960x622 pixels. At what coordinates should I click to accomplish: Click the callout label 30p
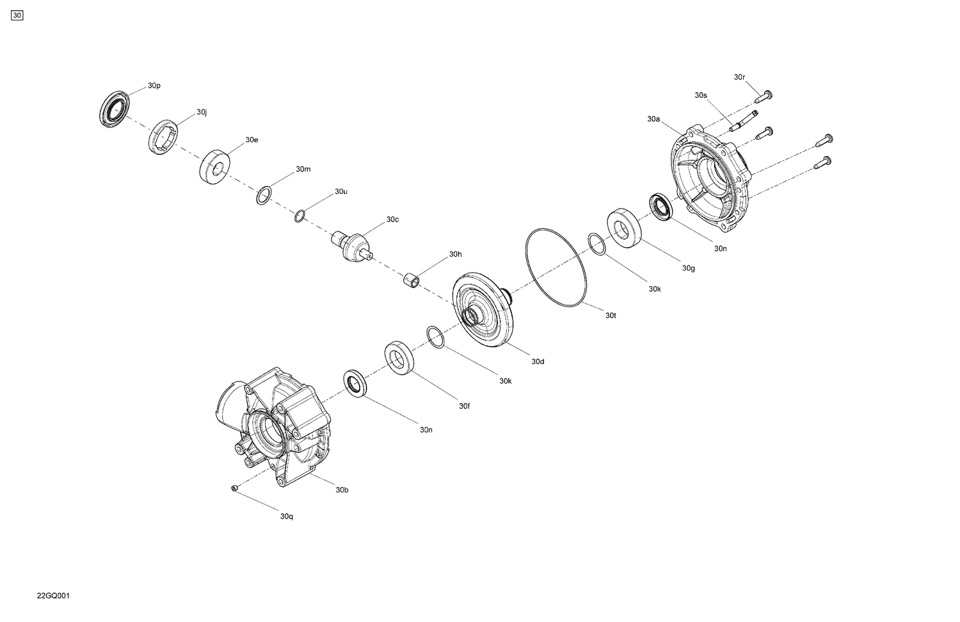click(154, 85)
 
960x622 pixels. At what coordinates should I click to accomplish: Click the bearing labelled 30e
click(215, 166)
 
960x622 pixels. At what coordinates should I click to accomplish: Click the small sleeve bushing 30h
click(411, 280)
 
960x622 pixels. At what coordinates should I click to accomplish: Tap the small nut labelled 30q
click(234, 489)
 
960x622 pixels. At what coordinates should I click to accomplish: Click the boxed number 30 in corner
click(17, 15)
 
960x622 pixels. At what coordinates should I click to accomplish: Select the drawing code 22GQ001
click(53, 596)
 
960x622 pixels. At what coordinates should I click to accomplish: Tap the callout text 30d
click(538, 362)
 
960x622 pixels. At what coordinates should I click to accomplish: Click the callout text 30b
click(342, 490)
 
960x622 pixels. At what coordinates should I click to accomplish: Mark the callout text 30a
click(653, 119)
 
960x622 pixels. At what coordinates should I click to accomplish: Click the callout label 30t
click(611, 315)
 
